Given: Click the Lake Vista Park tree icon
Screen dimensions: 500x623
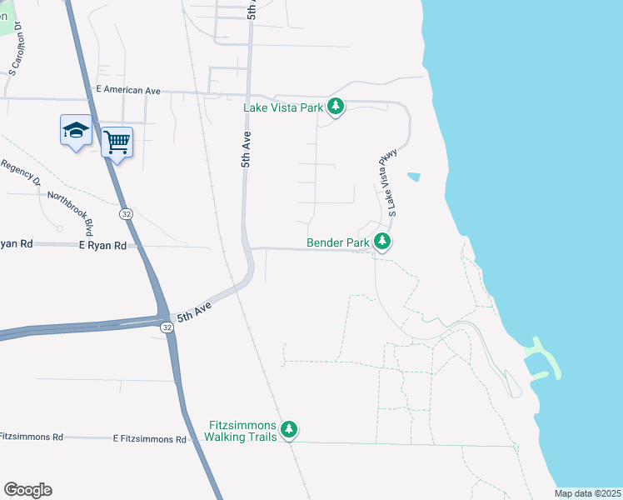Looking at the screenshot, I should click(x=336, y=107).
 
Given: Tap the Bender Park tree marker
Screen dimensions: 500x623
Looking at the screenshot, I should click(x=382, y=242).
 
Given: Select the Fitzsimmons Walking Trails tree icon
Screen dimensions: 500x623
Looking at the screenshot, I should click(x=289, y=429).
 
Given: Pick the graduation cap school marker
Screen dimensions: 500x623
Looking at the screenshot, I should click(x=76, y=130).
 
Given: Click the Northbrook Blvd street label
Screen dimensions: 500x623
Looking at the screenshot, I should click(x=69, y=212).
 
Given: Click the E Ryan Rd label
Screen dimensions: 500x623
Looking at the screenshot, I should click(x=102, y=246).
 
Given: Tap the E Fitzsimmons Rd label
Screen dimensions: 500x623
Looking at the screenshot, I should click(x=150, y=438).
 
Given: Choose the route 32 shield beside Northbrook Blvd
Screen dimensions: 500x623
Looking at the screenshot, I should click(x=125, y=214).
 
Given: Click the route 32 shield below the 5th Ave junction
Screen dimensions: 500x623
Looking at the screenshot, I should click(x=167, y=327).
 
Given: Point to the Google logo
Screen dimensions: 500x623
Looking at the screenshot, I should click(x=27, y=490).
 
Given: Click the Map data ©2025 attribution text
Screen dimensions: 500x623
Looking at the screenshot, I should click(x=586, y=493).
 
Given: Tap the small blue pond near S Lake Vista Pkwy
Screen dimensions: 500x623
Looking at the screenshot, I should click(x=413, y=177).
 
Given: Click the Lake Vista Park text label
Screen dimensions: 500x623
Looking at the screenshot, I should click(x=282, y=107).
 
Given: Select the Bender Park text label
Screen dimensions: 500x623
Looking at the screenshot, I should click(x=337, y=243).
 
